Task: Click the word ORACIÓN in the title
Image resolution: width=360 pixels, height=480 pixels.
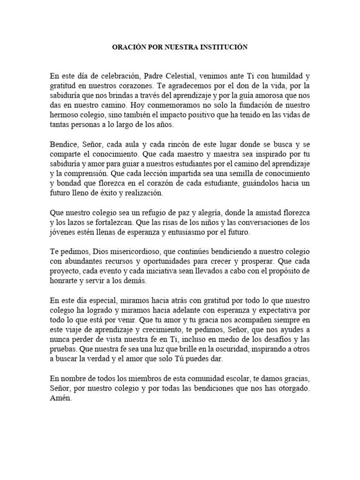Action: [x=128, y=47]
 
